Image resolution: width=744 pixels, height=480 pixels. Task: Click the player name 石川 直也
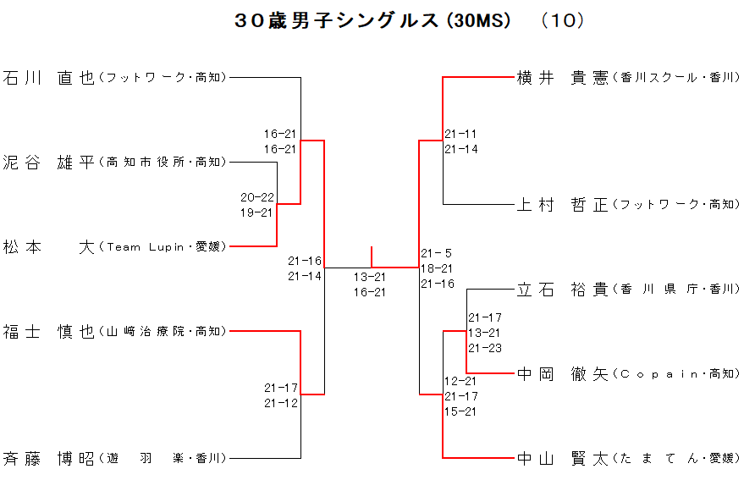(49, 78)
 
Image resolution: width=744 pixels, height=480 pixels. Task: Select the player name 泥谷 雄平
(49, 163)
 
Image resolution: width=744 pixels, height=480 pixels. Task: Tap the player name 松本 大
(49, 247)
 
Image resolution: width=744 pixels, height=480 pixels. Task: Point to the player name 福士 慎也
(49, 332)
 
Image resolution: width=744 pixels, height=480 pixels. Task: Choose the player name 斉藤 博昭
(49, 459)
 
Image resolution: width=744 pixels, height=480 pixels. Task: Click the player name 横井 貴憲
(563, 78)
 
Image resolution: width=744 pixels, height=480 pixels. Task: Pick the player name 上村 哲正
(563, 205)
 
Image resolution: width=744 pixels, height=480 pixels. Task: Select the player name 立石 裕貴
(563, 290)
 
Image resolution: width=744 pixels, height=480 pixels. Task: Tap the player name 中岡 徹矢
(563, 374)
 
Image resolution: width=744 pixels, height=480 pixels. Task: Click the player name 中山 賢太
(563, 459)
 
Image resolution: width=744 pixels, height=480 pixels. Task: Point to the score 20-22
(256, 197)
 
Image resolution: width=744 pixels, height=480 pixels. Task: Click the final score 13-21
(370, 277)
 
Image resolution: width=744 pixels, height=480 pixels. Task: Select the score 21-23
(485, 348)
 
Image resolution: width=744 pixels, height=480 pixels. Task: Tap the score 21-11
(460, 134)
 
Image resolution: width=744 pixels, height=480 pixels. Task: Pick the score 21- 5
(437, 253)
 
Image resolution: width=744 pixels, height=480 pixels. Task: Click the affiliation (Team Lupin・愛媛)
(163, 247)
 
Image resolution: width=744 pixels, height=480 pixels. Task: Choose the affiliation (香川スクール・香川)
(675, 78)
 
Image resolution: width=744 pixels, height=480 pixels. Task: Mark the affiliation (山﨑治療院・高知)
(163, 332)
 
